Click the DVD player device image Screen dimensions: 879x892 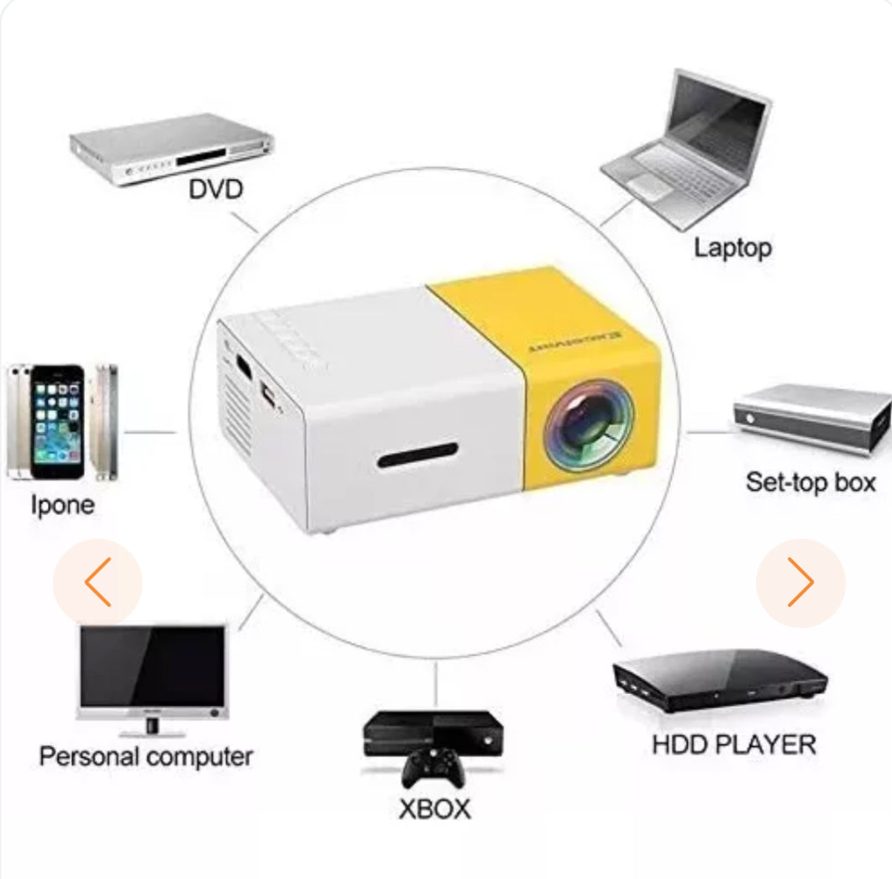(x=171, y=150)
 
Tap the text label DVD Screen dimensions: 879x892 (x=215, y=189)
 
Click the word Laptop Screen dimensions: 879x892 (x=732, y=248)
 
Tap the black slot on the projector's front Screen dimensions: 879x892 (x=417, y=460)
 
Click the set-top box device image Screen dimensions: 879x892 (x=812, y=418)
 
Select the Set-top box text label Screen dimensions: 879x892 (x=811, y=482)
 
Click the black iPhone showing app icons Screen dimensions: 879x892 (x=58, y=420)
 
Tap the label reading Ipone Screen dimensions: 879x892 (x=63, y=505)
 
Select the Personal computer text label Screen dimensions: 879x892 (x=145, y=756)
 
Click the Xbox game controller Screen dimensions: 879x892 (x=433, y=766)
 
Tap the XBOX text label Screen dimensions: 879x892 (x=434, y=808)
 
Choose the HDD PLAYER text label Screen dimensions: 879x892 (x=733, y=745)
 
